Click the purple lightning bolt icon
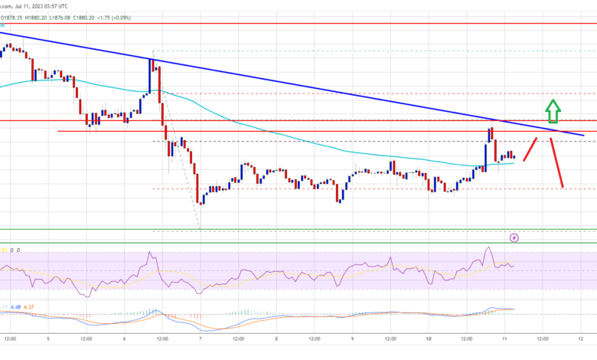(514, 238)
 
